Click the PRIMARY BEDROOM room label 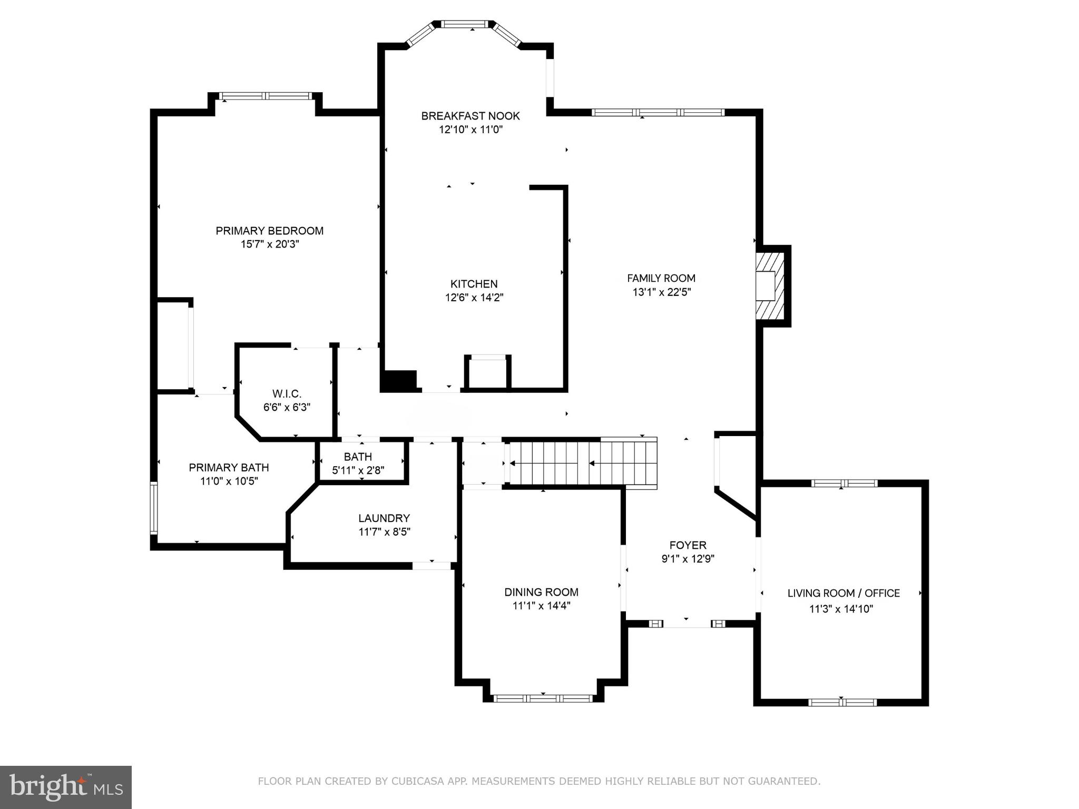click(x=269, y=231)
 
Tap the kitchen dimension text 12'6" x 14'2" click(x=474, y=298)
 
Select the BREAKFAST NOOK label click(x=470, y=116)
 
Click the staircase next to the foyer click(x=582, y=463)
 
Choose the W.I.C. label click(x=287, y=393)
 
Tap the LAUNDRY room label click(x=384, y=518)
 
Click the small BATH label click(x=358, y=457)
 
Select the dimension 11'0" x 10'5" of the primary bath click(x=229, y=481)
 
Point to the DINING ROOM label click(x=541, y=592)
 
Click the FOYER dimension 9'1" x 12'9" click(x=688, y=559)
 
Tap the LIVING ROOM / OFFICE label click(x=843, y=593)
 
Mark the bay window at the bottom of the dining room click(x=543, y=698)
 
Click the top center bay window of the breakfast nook click(x=464, y=24)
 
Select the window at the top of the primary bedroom click(x=266, y=96)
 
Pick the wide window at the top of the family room click(x=658, y=112)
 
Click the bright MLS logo click(x=66, y=787)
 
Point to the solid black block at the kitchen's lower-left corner click(x=399, y=381)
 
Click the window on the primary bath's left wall click(x=154, y=508)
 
